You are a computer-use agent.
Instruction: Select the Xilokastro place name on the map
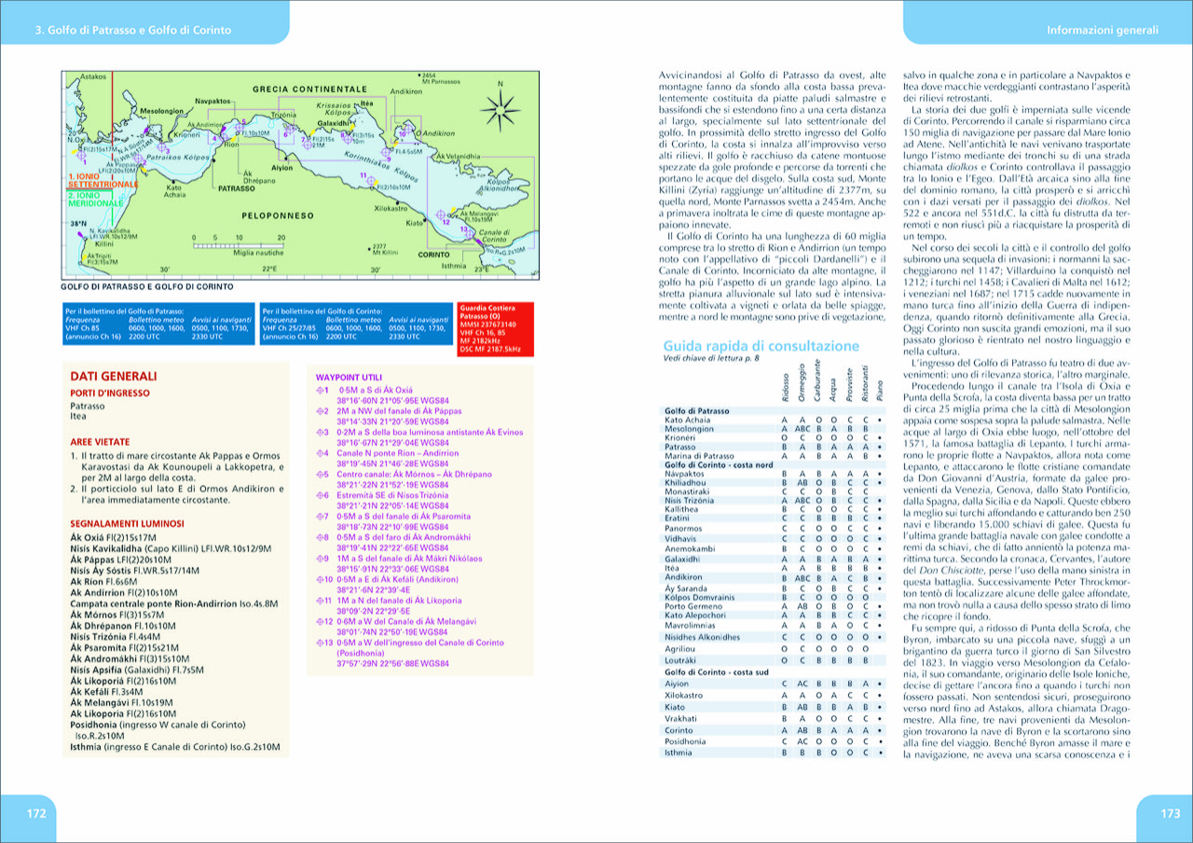pyautogui.click(x=392, y=208)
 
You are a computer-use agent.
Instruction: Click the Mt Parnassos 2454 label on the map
pyautogui.click(x=441, y=78)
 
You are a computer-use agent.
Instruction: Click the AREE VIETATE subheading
pyautogui.click(x=99, y=441)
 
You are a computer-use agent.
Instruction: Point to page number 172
pyautogui.click(x=35, y=813)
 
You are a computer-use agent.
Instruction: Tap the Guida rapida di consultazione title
pyautogui.click(x=761, y=345)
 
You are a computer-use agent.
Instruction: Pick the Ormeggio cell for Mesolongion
pyautogui.click(x=801, y=429)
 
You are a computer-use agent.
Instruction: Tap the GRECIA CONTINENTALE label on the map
pyautogui.click(x=310, y=89)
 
